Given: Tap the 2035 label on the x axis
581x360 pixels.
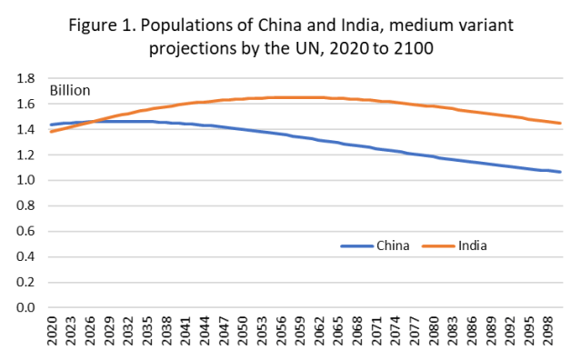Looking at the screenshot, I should click(147, 333).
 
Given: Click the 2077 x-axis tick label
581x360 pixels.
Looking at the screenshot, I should click(425, 333).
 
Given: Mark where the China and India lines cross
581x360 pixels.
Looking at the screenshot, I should click(91, 121).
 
